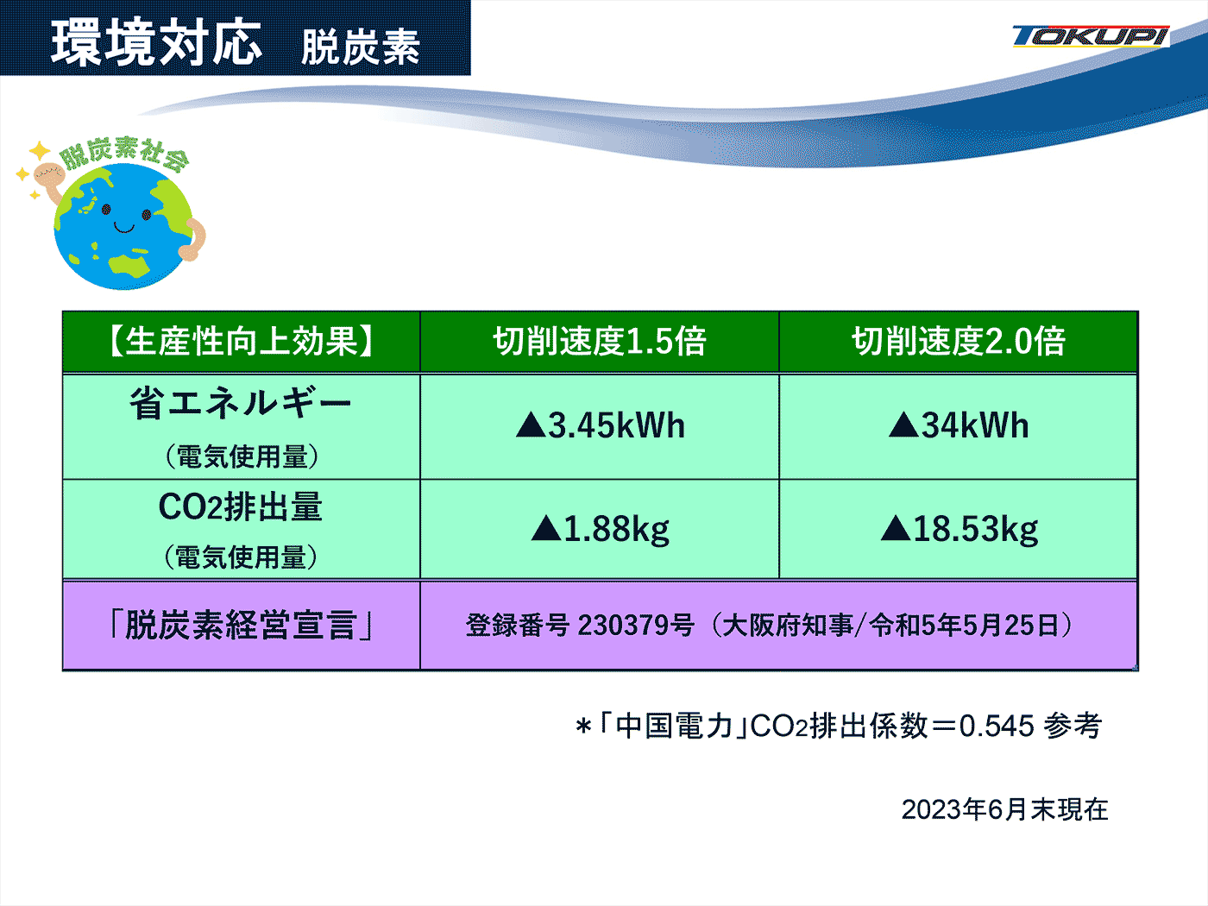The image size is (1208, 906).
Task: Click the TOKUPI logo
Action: click(x=1091, y=37)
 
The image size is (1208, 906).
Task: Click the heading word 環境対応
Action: click(x=156, y=43)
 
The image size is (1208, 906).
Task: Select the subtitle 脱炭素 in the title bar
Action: click(x=361, y=47)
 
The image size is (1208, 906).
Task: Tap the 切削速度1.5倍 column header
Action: click(x=600, y=342)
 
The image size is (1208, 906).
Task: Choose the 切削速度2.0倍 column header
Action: click(x=958, y=342)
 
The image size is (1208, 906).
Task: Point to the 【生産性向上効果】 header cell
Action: click(x=241, y=342)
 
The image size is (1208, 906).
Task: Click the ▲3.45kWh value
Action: click(x=601, y=425)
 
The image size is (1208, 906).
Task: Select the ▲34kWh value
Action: click(x=958, y=425)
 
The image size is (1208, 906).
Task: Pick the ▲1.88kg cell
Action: click(x=601, y=529)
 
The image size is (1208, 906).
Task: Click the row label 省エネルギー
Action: click(x=241, y=403)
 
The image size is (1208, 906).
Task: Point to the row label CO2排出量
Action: click(x=241, y=506)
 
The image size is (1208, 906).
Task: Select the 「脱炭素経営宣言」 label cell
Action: click(x=241, y=626)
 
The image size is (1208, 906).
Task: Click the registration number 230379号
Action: click(x=636, y=626)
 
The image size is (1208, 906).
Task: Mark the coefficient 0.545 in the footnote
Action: click(x=997, y=727)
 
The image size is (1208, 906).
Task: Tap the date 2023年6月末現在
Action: click(x=1005, y=809)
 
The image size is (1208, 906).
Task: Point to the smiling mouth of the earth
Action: click(x=124, y=227)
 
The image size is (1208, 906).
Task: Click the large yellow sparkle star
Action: click(x=41, y=151)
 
